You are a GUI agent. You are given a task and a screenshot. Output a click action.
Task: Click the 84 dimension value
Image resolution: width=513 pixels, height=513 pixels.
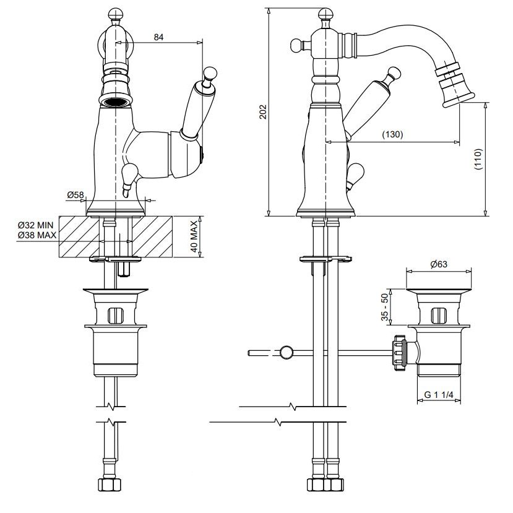[x=158, y=37]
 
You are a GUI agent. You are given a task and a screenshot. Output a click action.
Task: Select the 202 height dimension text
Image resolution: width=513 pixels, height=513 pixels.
[x=264, y=111]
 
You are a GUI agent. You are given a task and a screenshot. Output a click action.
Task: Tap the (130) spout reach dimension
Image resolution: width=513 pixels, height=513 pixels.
[x=392, y=134]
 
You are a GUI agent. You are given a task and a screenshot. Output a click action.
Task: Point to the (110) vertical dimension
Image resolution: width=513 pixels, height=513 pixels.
[x=478, y=159]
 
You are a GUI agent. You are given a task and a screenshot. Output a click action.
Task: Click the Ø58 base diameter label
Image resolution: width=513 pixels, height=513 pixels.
[x=75, y=195]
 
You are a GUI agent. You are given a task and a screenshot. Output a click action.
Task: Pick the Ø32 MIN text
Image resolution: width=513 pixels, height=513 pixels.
[x=36, y=225]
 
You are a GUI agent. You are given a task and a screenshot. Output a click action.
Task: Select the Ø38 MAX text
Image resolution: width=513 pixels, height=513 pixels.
[x=37, y=235]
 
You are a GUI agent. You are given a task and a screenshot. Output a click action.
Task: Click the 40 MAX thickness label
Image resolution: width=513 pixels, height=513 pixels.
[x=194, y=236]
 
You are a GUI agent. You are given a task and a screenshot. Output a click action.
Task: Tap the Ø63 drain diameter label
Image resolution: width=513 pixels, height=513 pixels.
[x=439, y=264]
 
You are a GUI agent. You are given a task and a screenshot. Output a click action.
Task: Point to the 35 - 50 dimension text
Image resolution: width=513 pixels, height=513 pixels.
[x=384, y=307]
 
